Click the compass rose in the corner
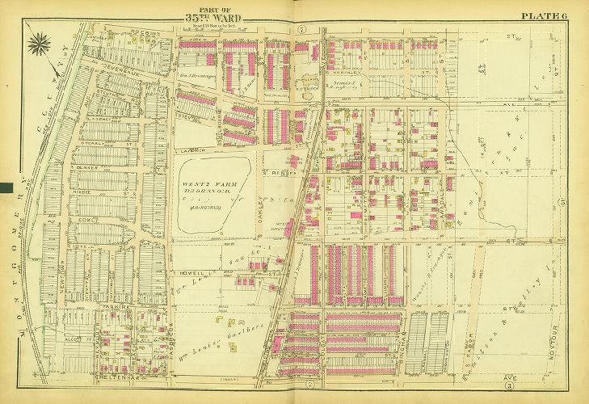tap(39, 43)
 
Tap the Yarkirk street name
tap(111, 309)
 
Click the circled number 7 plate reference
tap(300, 30)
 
